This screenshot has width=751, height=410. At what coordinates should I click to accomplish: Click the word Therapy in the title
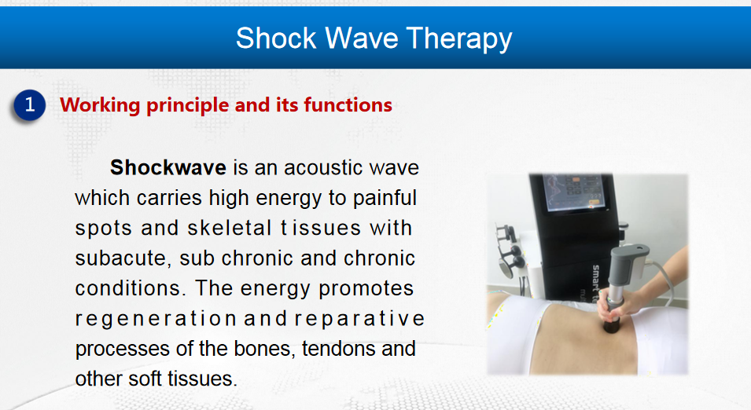click(x=459, y=38)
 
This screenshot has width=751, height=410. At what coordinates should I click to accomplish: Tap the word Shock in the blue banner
click(x=276, y=38)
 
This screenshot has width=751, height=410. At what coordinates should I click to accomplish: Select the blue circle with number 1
click(x=30, y=104)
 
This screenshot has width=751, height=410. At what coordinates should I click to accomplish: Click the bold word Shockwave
click(x=168, y=168)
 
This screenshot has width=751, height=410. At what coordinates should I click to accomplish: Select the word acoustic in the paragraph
click(x=323, y=168)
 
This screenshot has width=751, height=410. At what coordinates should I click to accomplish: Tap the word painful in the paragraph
click(x=385, y=198)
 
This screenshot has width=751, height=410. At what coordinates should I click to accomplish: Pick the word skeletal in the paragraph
click(x=230, y=228)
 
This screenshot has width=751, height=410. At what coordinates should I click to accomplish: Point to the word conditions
click(x=128, y=288)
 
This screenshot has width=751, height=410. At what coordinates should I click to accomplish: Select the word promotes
click(x=366, y=289)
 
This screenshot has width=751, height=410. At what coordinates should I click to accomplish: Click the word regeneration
click(x=156, y=319)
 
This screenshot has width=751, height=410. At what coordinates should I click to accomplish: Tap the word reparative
click(x=359, y=319)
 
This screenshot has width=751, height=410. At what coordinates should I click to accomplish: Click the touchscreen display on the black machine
click(x=573, y=192)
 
